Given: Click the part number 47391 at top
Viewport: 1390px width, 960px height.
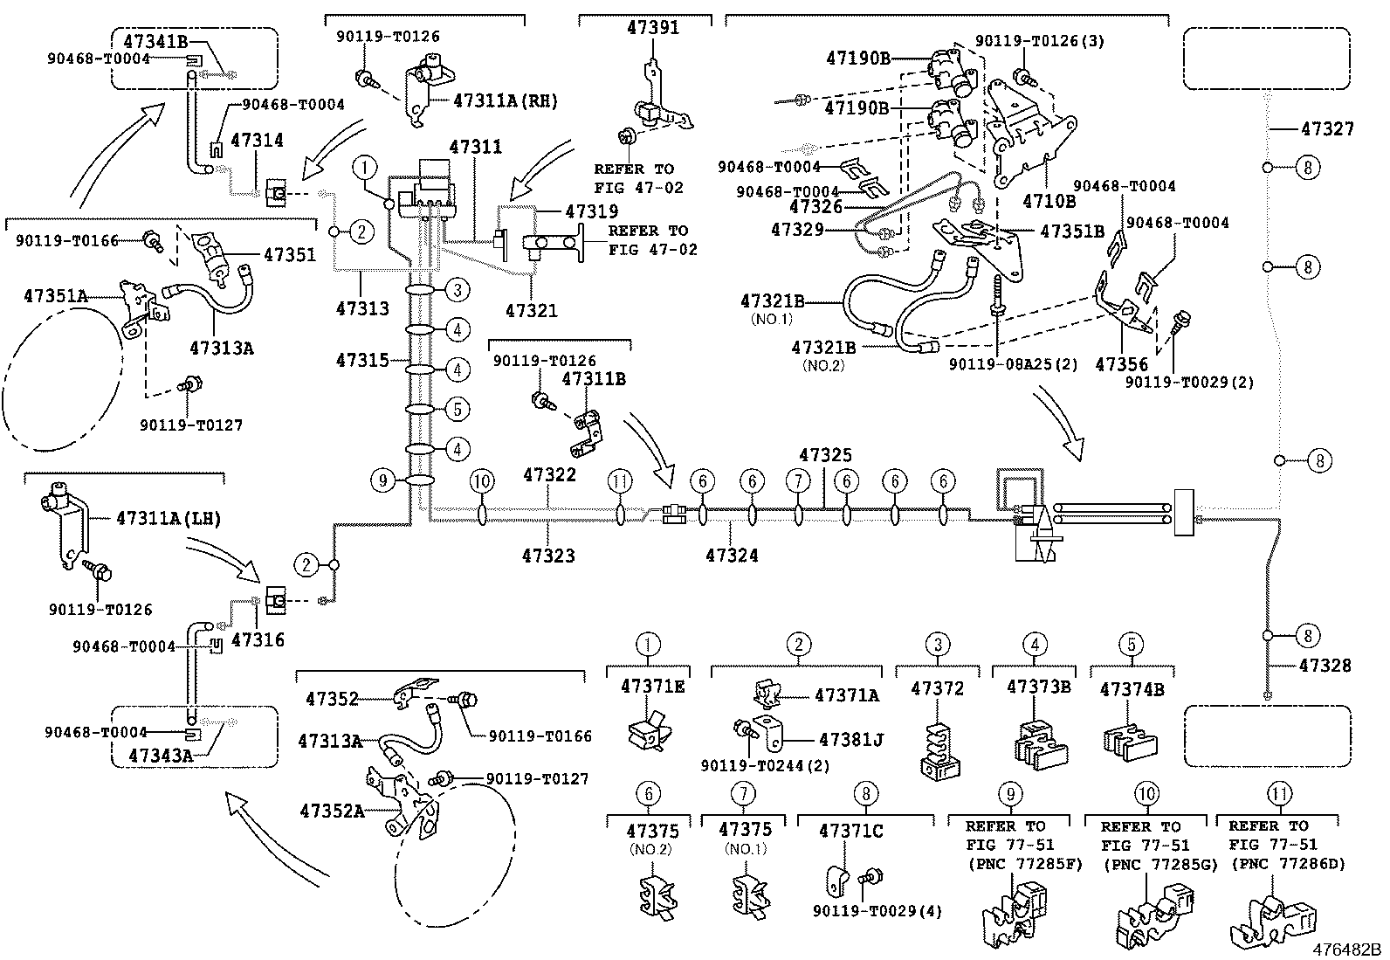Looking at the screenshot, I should tap(652, 28).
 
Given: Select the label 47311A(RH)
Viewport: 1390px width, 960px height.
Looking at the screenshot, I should tap(505, 101).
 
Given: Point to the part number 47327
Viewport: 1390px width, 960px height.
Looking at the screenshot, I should tap(1327, 129).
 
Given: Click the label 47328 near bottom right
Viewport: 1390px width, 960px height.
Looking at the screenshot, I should tap(1325, 666).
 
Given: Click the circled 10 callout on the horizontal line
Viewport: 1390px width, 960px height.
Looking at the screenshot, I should tap(482, 480).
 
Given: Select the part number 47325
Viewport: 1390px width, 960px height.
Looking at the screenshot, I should tap(825, 455).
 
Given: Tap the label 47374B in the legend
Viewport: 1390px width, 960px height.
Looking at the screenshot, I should tap(1132, 689).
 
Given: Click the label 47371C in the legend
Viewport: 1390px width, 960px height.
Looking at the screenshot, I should tap(850, 831).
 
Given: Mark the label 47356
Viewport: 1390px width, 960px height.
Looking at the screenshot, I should tap(1122, 364).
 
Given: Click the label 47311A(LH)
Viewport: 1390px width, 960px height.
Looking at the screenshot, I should tap(168, 519).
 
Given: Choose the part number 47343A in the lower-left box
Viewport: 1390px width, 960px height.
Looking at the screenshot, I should tap(161, 753).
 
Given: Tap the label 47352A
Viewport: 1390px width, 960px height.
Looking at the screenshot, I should tap(332, 811).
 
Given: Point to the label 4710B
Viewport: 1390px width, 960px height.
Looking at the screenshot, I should tap(1049, 201).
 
